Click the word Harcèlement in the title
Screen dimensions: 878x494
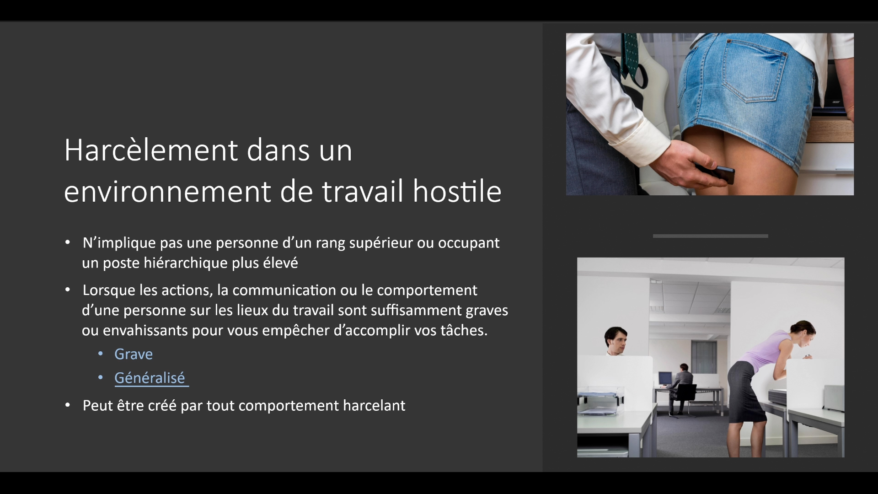click(x=151, y=150)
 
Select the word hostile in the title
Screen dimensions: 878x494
click(x=457, y=191)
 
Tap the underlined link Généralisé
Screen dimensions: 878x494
click(x=150, y=378)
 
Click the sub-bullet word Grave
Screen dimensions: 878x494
click(x=134, y=354)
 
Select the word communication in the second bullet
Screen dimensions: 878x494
click(x=284, y=290)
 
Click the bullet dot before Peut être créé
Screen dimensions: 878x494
click(x=68, y=405)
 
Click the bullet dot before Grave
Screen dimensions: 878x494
click(x=101, y=354)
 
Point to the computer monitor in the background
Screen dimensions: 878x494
click(x=665, y=379)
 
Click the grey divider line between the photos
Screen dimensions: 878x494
click(x=711, y=236)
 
